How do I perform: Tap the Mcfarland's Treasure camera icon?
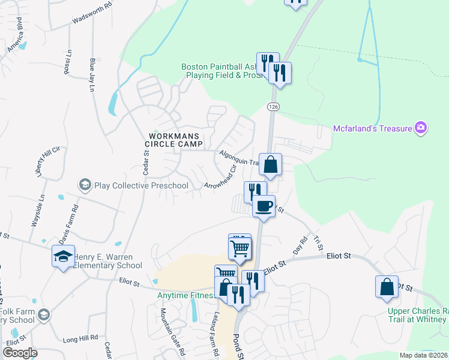(421, 127)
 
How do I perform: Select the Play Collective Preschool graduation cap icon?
(85, 185)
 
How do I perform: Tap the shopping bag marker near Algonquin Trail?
(271, 164)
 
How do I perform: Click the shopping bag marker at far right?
(387, 287)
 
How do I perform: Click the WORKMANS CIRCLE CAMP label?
(174, 140)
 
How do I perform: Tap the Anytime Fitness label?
(186, 296)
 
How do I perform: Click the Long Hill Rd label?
(80, 338)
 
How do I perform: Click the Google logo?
(20, 352)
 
